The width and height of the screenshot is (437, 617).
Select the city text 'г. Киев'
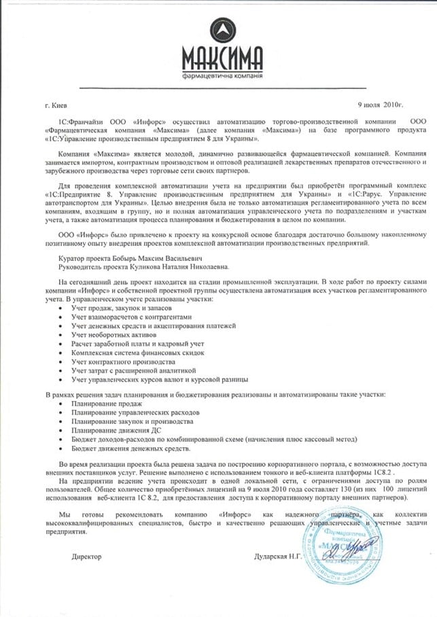tap(55, 105)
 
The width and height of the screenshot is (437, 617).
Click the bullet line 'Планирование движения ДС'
tap(112, 431)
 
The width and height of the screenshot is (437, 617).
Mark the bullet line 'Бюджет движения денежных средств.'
tap(132, 448)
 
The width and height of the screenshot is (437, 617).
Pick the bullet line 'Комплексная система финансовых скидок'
tap(139, 352)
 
